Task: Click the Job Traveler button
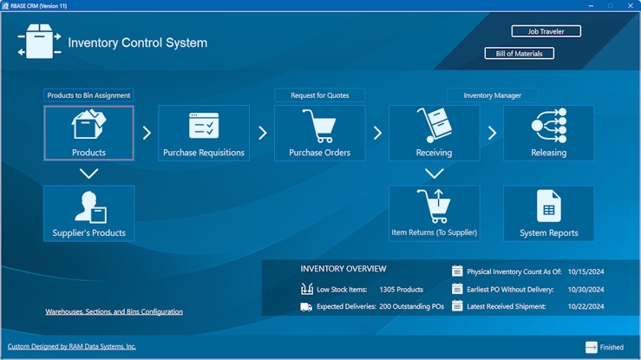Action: click(546, 31)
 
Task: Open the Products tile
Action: click(88, 133)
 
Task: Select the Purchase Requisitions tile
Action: click(204, 133)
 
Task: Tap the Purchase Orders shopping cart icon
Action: click(319, 126)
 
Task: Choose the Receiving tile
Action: click(435, 133)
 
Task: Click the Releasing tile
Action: click(548, 133)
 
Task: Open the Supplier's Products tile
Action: click(88, 213)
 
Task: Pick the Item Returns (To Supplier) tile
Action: click(435, 213)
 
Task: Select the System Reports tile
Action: click(548, 213)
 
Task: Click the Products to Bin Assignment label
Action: click(88, 95)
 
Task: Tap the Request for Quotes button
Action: click(320, 95)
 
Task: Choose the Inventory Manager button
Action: click(492, 95)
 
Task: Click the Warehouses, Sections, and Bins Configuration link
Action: click(114, 311)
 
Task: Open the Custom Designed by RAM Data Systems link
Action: click(71, 346)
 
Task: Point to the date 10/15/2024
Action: click(585, 272)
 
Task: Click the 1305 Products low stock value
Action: click(401, 290)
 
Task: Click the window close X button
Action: click(631, 6)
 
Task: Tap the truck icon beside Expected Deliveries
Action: click(306, 307)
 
